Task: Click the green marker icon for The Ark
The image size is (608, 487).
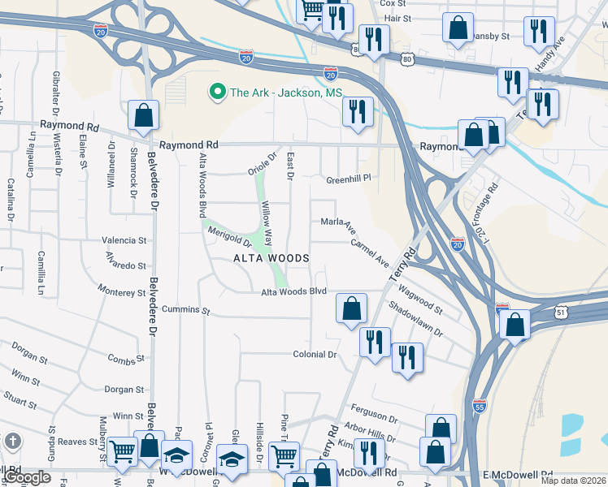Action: point(217,92)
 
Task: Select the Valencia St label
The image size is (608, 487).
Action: point(124,240)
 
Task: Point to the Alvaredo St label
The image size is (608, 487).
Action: point(124,265)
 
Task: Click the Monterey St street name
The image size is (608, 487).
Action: point(120,291)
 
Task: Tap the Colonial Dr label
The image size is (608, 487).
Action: point(315,355)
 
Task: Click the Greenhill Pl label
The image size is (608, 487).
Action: point(348,179)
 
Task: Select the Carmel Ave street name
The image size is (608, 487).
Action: point(370,252)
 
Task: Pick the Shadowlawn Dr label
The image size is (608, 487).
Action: point(415,320)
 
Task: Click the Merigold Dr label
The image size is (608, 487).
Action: point(229,238)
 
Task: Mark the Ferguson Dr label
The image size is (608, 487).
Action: point(373,415)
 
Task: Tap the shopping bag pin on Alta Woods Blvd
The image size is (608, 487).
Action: point(351,308)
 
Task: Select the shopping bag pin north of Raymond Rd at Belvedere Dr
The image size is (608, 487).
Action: point(143,115)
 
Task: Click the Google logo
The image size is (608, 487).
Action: point(28,477)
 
